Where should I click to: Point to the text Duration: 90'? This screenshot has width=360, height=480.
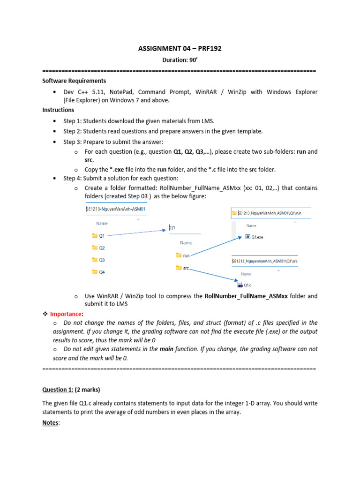(180, 60)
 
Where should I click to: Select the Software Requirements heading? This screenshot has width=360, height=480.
(74, 81)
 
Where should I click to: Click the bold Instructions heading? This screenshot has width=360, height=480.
(58, 110)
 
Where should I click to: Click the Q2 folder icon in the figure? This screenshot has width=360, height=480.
(95, 247)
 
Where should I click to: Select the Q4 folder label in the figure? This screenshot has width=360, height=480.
(102, 272)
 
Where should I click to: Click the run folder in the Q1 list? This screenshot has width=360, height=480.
(186, 255)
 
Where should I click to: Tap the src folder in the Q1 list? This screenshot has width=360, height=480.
(186, 268)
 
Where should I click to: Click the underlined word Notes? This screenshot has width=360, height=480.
(51, 422)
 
